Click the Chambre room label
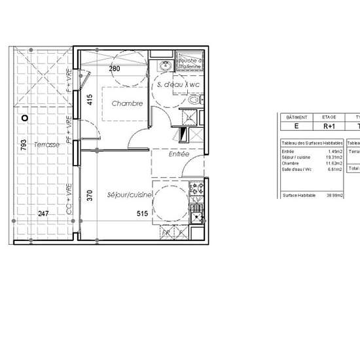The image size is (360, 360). pos(127,103)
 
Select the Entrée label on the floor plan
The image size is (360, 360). pos(179,154)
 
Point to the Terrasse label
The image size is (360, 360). pos(48,144)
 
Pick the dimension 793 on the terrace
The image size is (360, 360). pos(23,145)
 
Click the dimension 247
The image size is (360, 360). pos(43,213)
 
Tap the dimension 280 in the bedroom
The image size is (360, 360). pos(115,68)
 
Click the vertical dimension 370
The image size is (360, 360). pos(90,194)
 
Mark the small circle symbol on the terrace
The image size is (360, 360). pos(24,118)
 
